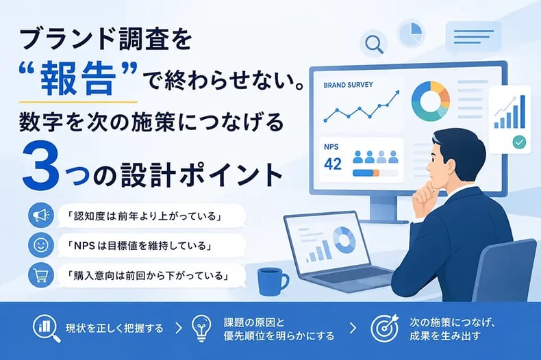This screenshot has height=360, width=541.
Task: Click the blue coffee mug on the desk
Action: [x=272, y=282]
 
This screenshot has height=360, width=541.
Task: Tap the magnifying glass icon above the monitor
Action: [x=374, y=44]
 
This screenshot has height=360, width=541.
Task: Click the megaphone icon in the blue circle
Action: [x=40, y=215]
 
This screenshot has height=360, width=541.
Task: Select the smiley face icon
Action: [x=40, y=245]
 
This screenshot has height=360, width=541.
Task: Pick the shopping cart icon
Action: [x=40, y=275]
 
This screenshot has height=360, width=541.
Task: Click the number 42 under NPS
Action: [x=333, y=164]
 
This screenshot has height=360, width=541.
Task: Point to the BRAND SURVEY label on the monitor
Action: [x=348, y=85]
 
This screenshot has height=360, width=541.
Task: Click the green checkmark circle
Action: [x=519, y=142]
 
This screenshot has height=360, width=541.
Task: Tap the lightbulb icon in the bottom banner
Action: [x=201, y=328]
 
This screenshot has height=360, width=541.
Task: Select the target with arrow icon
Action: [x=384, y=328]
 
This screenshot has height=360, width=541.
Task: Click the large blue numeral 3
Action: [x=38, y=164]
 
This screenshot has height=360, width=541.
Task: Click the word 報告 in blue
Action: [x=77, y=78]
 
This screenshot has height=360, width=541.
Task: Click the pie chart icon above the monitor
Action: [x=412, y=34]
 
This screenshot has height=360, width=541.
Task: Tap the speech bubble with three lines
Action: [x=473, y=36]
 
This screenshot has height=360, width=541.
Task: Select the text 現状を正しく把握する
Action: [x=114, y=328]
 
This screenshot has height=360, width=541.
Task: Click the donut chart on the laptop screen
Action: [x=344, y=239]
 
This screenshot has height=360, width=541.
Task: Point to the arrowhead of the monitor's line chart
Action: [x=397, y=93]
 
